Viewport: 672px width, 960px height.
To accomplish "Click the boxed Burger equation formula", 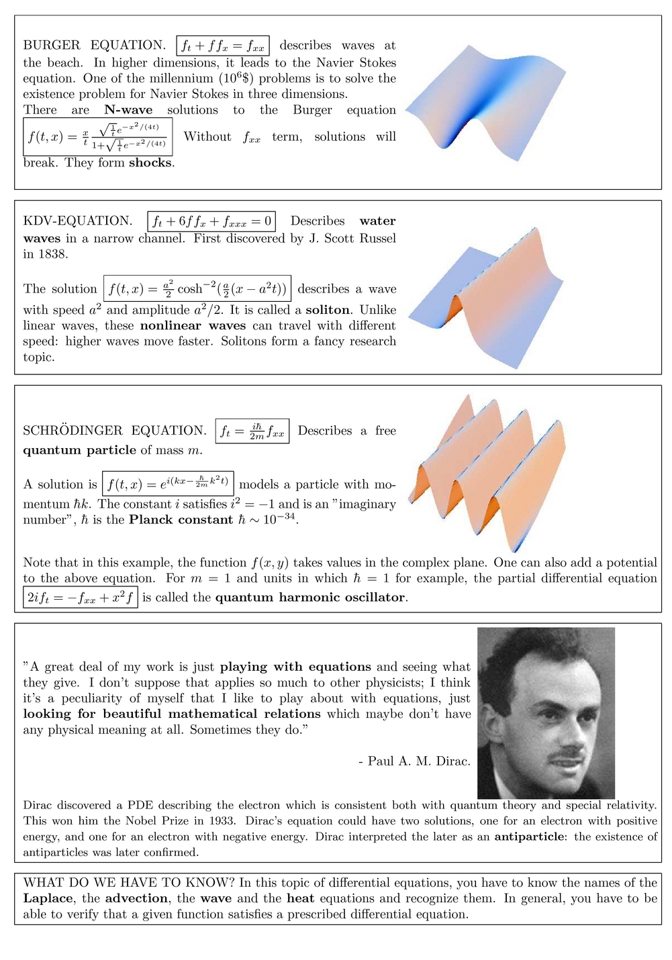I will click(x=223, y=46).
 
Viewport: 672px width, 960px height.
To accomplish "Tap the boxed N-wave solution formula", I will click(x=98, y=137).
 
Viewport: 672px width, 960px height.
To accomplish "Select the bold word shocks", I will click(x=150, y=163).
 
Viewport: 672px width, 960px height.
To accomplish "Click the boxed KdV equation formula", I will click(x=211, y=221).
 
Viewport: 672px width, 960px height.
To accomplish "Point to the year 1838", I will click(x=55, y=254).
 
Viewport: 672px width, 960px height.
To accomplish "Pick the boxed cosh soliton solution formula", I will click(x=197, y=289).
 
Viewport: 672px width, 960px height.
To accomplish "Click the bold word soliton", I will click(x=328, y=310).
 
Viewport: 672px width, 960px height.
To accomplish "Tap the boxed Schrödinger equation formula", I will click(x=252, y=431).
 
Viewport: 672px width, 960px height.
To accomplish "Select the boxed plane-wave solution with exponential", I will click(x=168, y=484).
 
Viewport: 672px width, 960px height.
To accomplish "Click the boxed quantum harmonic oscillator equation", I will click(x=81, y=597).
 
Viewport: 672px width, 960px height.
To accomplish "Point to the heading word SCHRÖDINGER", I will click(x=73, y=431).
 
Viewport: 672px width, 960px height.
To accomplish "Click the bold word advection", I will click(x=136, y=898).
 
